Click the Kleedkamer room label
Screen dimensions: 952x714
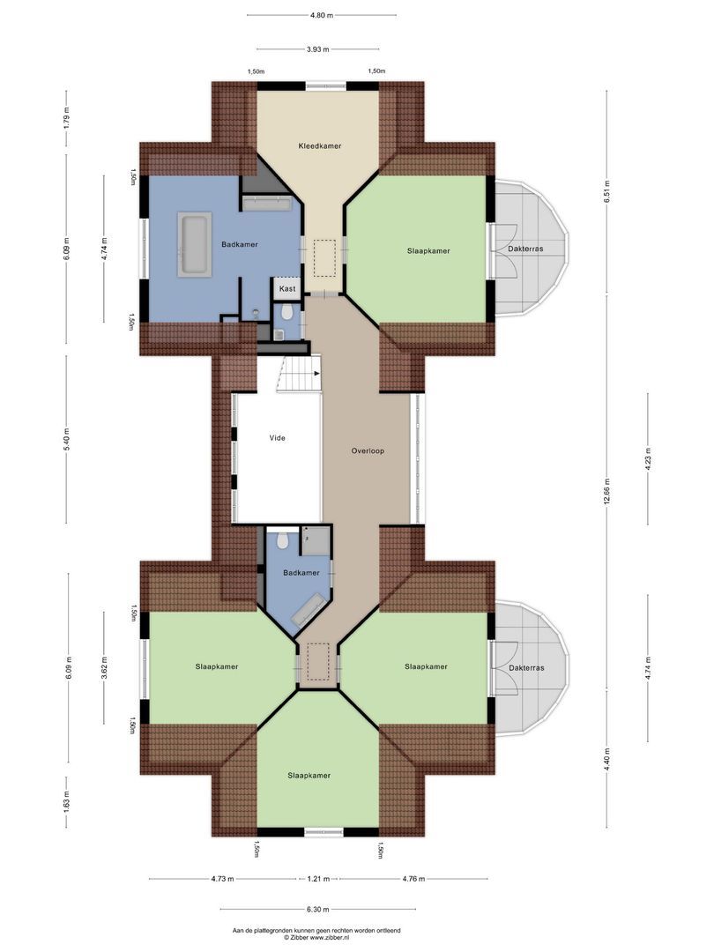pos(319,145)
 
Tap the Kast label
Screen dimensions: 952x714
pos(287,289)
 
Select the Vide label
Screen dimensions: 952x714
pos(277,437)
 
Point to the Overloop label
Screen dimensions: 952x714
pos(368,450)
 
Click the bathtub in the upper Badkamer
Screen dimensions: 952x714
pos(195,243)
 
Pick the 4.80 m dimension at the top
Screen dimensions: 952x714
pos(322,15)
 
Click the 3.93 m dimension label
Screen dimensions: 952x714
pos(318,49)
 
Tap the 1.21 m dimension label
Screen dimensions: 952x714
pos(318,879)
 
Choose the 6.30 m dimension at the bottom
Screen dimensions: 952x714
pos(318,910)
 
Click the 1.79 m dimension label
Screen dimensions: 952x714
pos(66,118)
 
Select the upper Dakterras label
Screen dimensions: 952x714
pos(525,249)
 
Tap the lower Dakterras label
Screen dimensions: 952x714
pos(525,668)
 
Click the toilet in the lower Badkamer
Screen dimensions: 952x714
pos(282,539)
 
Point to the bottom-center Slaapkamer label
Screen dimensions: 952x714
pos(309,776)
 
